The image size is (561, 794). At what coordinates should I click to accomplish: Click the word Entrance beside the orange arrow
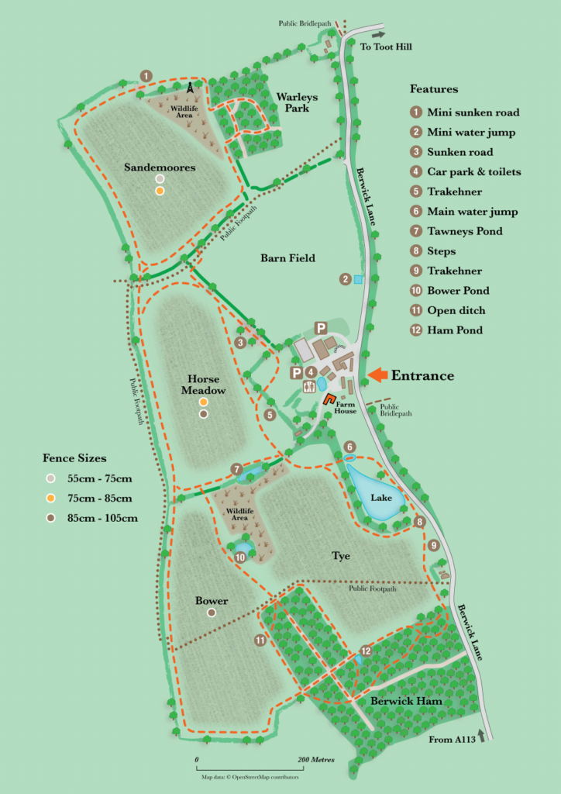422,375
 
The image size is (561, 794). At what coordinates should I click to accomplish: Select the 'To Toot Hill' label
387,47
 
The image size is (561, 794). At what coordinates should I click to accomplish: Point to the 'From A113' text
452,740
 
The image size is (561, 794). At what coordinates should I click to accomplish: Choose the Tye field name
342,556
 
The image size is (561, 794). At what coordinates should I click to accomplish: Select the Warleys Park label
292,102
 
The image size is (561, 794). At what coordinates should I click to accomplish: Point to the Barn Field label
287,257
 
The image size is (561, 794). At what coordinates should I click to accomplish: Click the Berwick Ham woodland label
405,701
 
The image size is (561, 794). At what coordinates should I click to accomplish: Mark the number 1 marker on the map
146,74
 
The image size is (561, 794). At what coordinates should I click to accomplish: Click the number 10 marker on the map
240,557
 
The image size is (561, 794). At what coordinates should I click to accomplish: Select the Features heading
433,88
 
